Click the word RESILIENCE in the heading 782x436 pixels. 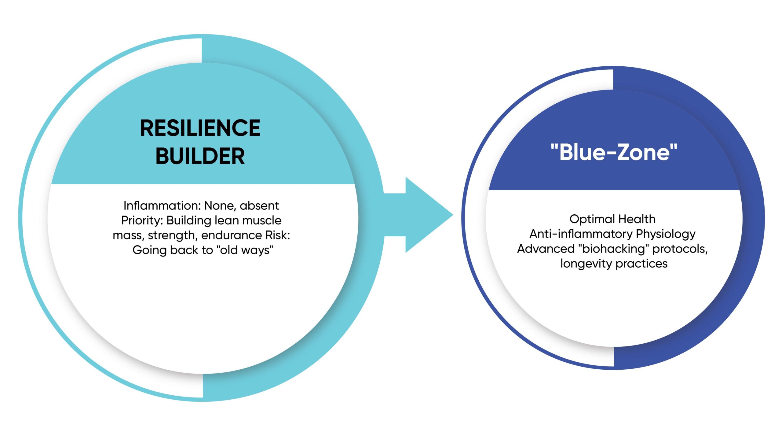click(x=200, y=128)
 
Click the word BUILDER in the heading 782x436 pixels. click(x=200, y=156)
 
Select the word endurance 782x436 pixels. click(x=232, y=235)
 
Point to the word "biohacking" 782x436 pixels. click(x=614, y=249)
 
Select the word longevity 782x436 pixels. click(x=586, y=264)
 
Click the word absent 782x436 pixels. click(x=259, y=205)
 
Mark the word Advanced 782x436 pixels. click(x=546, y=249)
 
